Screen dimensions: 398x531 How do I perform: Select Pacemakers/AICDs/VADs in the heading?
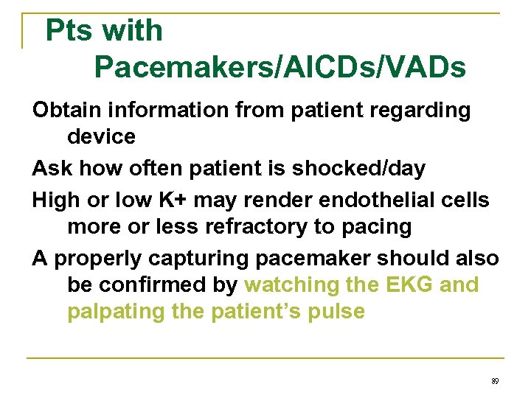(x=280, y=68)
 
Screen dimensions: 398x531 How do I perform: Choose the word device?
(x=102, y=137)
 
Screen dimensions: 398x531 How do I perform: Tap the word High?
(x=54, y=200)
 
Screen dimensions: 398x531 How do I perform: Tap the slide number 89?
(x=495, y=381)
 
